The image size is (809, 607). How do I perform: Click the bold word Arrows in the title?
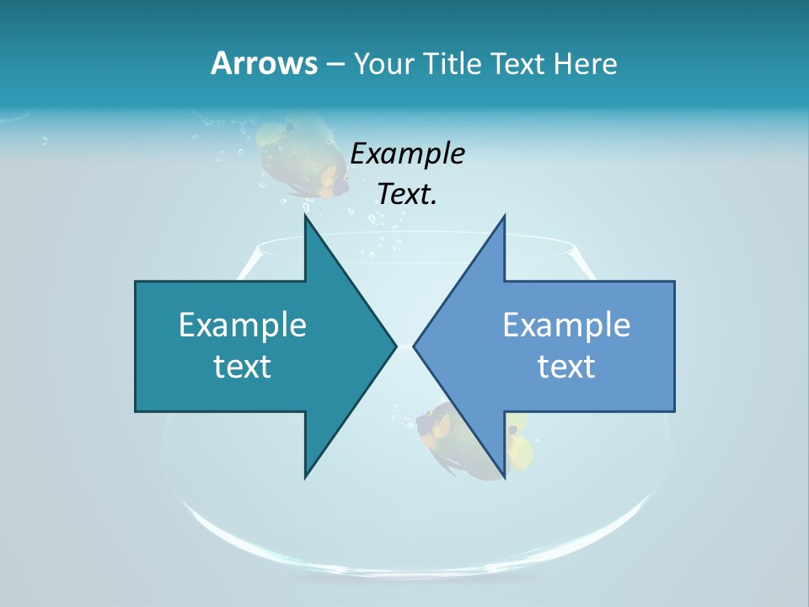point(264,63)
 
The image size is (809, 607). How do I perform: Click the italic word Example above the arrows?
point(408,153)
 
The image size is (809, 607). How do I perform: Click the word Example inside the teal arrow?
point(243,325)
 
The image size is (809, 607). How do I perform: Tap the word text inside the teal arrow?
point(243,366)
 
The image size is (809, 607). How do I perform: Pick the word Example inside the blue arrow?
point(566,325)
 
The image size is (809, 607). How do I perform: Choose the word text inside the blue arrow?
point(566,366)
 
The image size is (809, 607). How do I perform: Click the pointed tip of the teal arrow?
point(395,345)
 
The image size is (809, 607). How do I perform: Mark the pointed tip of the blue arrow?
point(415,345)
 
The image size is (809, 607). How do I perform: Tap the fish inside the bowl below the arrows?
point(455,438)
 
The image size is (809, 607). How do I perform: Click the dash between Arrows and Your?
point(335,64)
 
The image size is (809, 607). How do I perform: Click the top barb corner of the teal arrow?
point(305,216)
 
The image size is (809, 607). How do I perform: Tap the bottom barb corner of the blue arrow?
point(504,477)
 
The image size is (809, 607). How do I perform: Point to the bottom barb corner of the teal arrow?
point(305,477)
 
